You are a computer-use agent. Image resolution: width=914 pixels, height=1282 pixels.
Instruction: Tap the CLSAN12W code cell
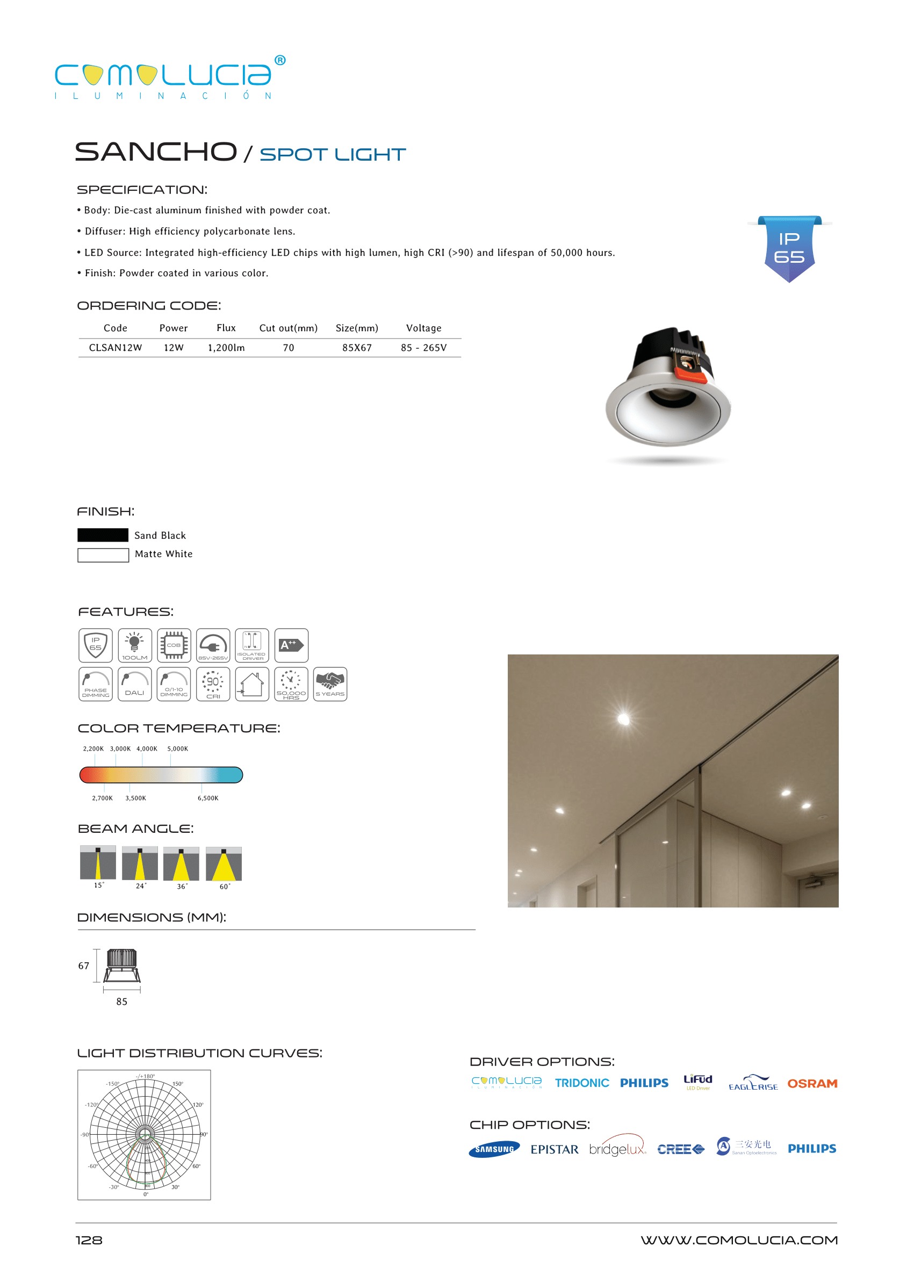click(x=116, y=348)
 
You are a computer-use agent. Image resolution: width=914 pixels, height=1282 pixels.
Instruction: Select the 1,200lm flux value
click(x=226, y=348)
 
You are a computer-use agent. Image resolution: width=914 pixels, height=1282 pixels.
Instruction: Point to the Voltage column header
click(x=423, y=328)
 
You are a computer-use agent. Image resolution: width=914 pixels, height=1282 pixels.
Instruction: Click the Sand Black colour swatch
click(x=103, y=535)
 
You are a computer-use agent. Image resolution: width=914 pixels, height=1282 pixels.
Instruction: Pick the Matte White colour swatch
click(x=103, y=555)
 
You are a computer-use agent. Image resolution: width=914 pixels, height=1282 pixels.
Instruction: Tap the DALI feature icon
click(x=134, y=684)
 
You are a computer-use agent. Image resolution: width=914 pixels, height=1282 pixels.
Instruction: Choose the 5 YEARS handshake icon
click(x=330, y=684)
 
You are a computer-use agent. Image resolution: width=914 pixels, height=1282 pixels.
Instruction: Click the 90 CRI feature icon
click(x=213, y=684)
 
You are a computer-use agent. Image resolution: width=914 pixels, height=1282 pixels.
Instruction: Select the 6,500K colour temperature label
click(x=207, y=798)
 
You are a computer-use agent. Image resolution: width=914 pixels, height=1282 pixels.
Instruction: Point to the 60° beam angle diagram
click(x=224, y=863)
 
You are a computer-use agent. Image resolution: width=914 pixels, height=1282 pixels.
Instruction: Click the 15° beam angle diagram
click(x=98, y=862)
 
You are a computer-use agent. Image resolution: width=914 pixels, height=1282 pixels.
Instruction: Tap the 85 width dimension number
click(x=121, y=1002)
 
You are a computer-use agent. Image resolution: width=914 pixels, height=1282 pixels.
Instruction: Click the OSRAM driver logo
click(x=811, y=1083)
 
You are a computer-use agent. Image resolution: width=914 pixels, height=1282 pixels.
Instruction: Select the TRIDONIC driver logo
click(x=581, y=1083)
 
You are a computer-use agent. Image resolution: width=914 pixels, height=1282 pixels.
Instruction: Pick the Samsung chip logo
click(x=494, y=1149)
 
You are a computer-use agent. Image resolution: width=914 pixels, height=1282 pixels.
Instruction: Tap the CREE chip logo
click(x=680, y=1149)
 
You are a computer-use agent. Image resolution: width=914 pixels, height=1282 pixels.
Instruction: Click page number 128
click(x=89, y=1240)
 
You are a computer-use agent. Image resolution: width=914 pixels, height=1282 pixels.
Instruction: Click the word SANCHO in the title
click(x=156, y=152)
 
